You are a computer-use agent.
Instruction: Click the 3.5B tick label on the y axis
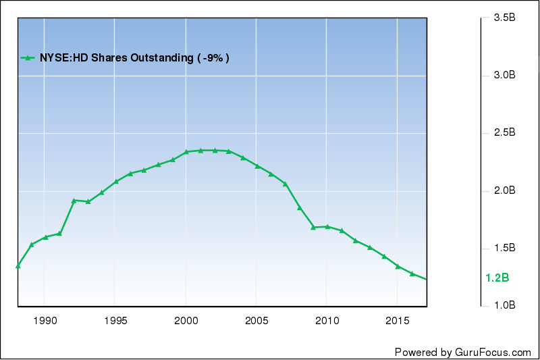tap(500, 18)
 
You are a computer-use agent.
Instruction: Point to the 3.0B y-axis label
tap(500, 76)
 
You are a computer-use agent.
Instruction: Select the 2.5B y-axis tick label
tap(500, 133)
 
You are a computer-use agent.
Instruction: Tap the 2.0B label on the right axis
tap(500, 191)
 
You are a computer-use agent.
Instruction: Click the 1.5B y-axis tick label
tap(500, 249)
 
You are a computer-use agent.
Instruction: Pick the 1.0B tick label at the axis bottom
tap(500, 306)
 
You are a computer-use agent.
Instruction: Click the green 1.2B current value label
tap(497, 278)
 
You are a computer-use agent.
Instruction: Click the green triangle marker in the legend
tap(28, 58)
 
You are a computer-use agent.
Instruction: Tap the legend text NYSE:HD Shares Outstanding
tap(114, 58)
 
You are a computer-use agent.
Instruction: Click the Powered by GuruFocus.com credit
tap(463, 352)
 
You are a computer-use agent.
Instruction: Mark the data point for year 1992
tap(74, 200)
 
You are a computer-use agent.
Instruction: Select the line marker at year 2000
tap(186, 151)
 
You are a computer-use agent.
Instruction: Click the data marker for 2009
tap(313, 227)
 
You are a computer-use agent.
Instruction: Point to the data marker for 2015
tap(398, 266)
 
